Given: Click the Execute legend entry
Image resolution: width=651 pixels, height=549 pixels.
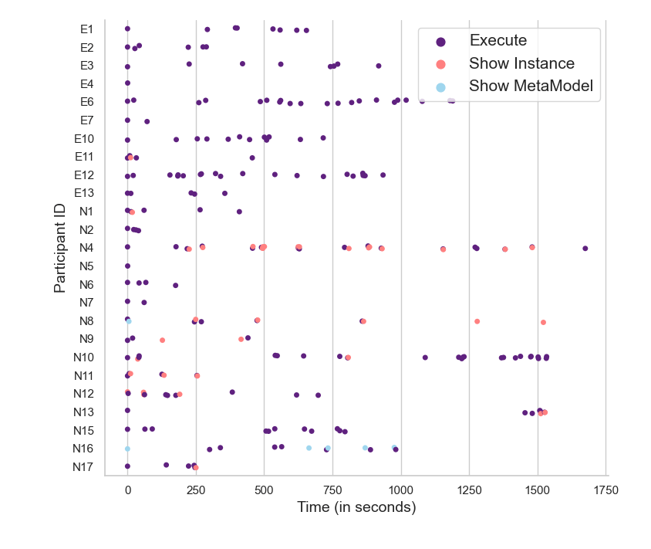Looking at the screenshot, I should pyautogui.click(x=498, y=41).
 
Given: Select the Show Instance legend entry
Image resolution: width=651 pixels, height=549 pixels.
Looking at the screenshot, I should pyautogui.click(x=521, y=63).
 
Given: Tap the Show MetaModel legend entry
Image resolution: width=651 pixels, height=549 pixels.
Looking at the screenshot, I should pyautogui.click(x=531, y=86).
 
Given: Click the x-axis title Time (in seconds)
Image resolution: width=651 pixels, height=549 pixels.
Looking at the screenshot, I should pyautogui.click(x=356, y=507).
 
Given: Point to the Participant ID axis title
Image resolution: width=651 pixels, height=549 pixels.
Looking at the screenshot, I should pyautogui.click(x=59, y=247).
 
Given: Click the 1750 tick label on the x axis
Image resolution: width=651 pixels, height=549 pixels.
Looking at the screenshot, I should pyautogui.click(x=606, y=489).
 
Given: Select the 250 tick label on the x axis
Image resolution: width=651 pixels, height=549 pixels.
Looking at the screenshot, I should pyautogui.click(x=196, y=489).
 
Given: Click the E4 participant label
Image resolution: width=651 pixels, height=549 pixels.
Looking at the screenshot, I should pyautogui.click(x=86, y=83).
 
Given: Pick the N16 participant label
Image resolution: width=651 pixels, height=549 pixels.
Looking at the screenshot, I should pyautogui.click(x=83, y=449).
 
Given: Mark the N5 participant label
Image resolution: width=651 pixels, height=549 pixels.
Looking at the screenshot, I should pyautogui.click(x=86, y=266).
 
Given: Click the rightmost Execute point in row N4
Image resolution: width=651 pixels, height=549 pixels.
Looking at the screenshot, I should pyautogui.click(x=585, y=249).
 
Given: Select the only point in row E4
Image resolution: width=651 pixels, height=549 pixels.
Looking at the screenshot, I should pyautogui.click(x=127, y=83).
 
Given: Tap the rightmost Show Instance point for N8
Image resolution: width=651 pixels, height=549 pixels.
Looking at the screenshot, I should pyautogui.click(x=543, y=322).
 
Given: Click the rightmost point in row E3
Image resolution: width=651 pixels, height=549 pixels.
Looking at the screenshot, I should pyautogui.click(x=379, y=66).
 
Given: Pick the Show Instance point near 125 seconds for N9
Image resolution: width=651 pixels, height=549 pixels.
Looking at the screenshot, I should pyautogui.click(x=162, y=340).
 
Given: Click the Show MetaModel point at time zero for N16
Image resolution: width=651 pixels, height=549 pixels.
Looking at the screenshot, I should pyautogui.click(x=127, y=449).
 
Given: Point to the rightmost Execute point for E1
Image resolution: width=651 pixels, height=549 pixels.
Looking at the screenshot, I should pyautogui.click(x=306, y=30).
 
